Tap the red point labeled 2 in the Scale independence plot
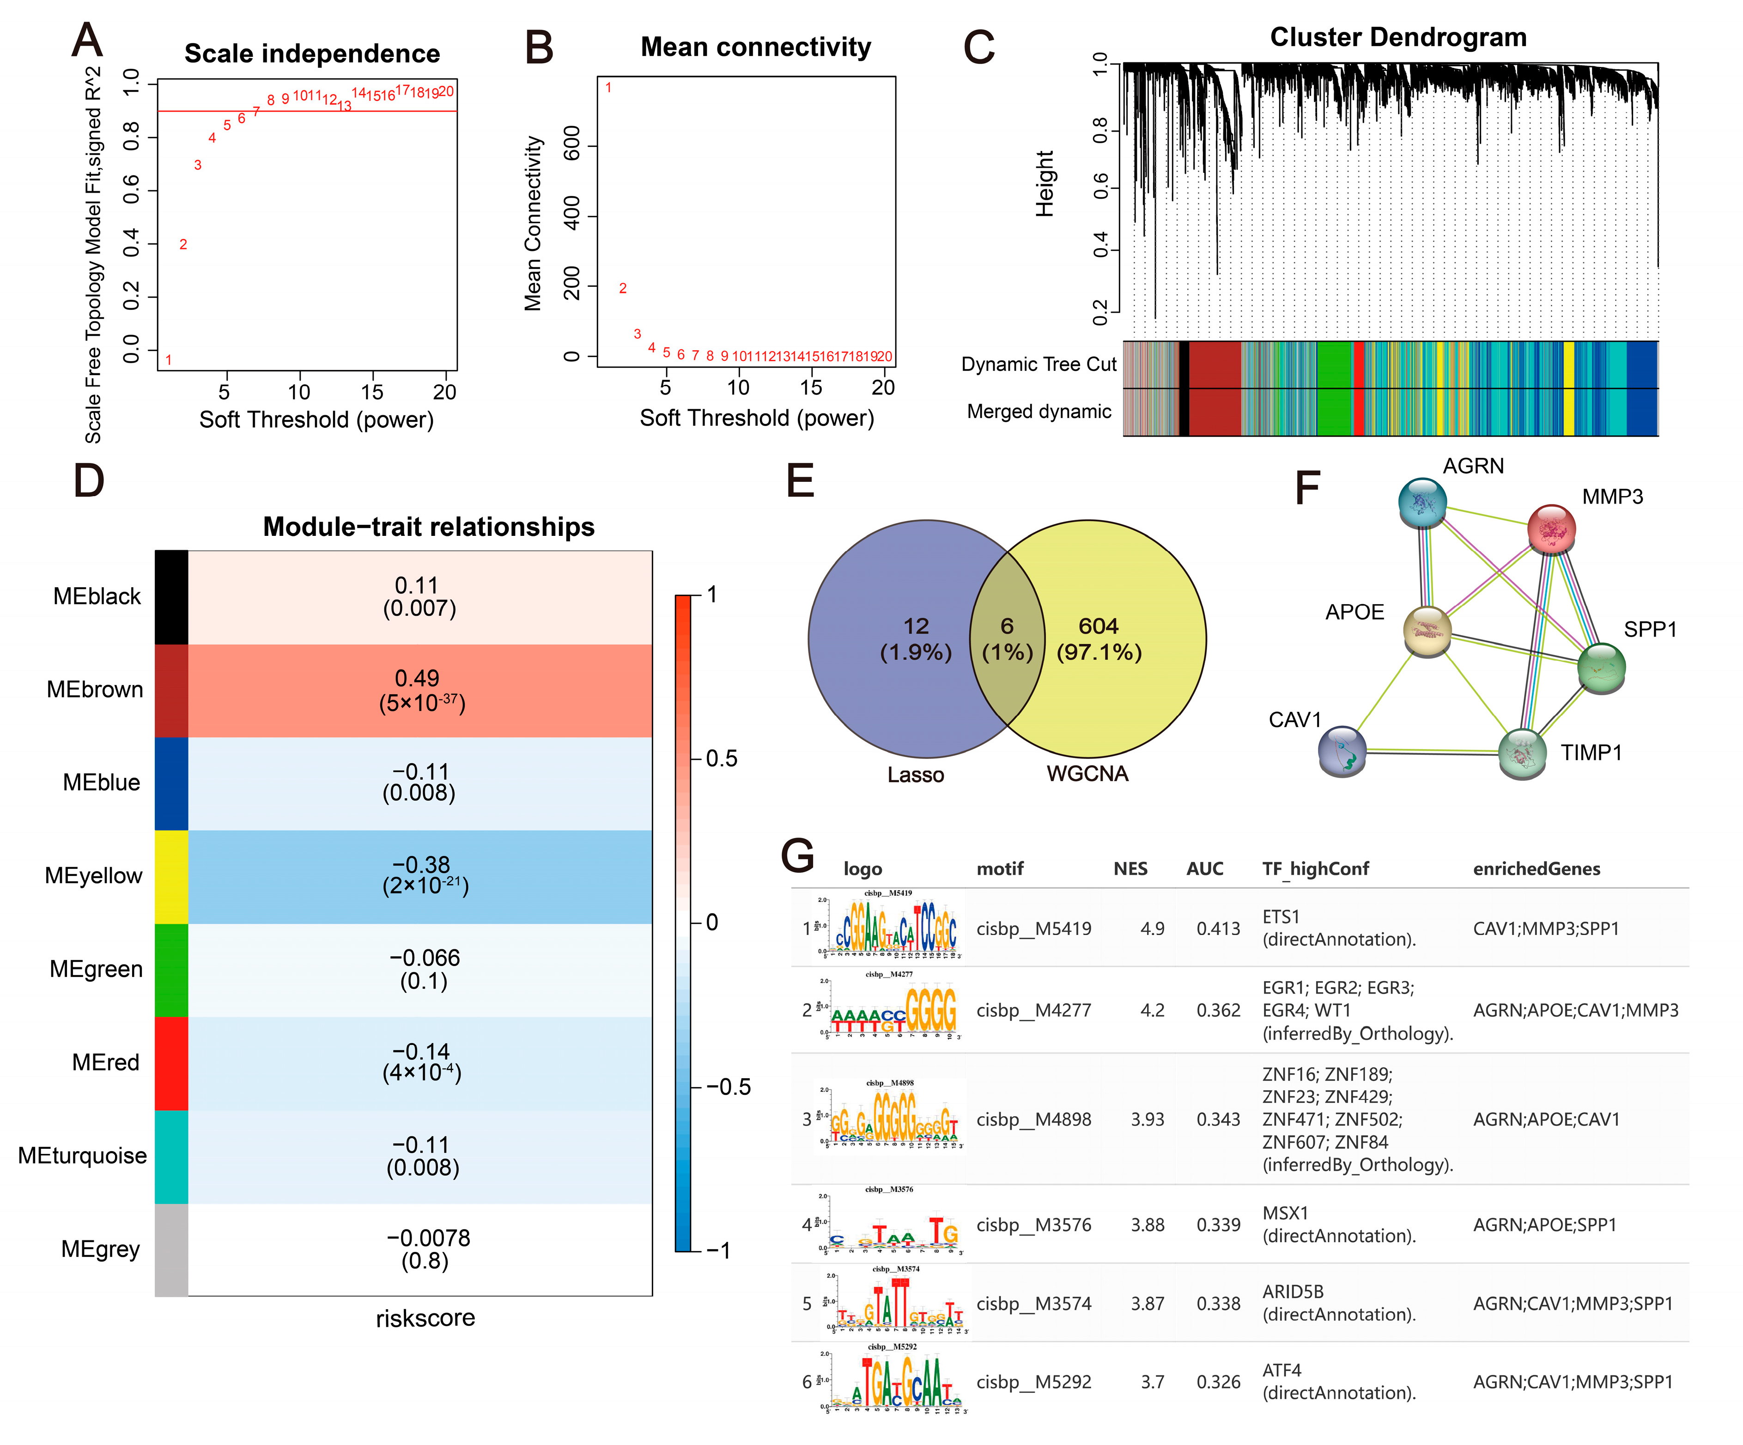pyautogui.click(x=183, y=244)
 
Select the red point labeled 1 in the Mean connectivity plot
pyautogui.click(x=608, y=88)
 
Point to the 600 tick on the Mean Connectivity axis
pyautogui.click(x=572, y=146)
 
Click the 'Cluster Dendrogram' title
pyautogui.click(x=1398, y=37)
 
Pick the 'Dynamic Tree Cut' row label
pyautogui.click(x=1039, y=364)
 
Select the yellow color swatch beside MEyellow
pyautogui.click(x=171, y=876)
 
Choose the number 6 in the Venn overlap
pyautogui.click(x=1007, y=626)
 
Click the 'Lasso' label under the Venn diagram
pyautogui.click(x=916, y=774)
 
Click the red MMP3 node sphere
pyautogui.click(x=1551, y=528)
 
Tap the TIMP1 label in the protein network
pyautogui.click(x=1591, y=752)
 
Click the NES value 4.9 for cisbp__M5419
pyautogui.click(x=1152, y=928)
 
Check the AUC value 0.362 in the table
pyautogui.click(x=1218, y=1010)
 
